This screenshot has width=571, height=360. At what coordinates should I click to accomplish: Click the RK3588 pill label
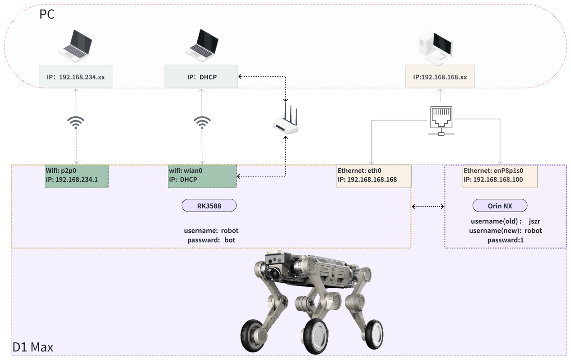click(x=209, y=206)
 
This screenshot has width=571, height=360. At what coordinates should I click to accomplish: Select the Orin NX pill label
click(x=500, y=206)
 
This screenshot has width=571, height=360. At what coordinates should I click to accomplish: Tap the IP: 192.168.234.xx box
click(x=76, y=76)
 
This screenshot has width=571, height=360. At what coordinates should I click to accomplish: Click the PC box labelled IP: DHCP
click(x=201, y=76)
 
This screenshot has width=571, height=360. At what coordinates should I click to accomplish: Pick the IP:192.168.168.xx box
click(x=440, y=76)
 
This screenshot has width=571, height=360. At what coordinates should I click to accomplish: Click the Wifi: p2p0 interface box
click(x=77, y=176)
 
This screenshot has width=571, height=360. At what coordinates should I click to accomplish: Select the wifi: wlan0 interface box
click(x=202, y=176)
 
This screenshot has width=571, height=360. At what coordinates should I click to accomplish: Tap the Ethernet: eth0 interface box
click(x=374, y=176)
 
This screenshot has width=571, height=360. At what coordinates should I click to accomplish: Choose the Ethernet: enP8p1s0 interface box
click(x=500, y=176)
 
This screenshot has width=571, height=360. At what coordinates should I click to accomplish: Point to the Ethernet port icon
click(x=441, y=121)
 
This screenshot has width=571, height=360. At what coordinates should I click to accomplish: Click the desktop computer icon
click(x=436, y=48)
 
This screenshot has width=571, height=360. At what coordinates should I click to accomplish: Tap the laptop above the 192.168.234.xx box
click(x=75, y=46)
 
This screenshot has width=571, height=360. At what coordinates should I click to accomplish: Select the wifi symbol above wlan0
click(x=202, y=122)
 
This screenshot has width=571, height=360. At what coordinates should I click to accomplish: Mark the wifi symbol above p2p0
click(x=76, y=122)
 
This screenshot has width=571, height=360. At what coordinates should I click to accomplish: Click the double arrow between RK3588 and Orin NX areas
click(x=428, y=206)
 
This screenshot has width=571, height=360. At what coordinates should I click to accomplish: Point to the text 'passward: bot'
click(x=211, y=240)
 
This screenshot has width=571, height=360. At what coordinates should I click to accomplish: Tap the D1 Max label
click(x=33, y=347)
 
